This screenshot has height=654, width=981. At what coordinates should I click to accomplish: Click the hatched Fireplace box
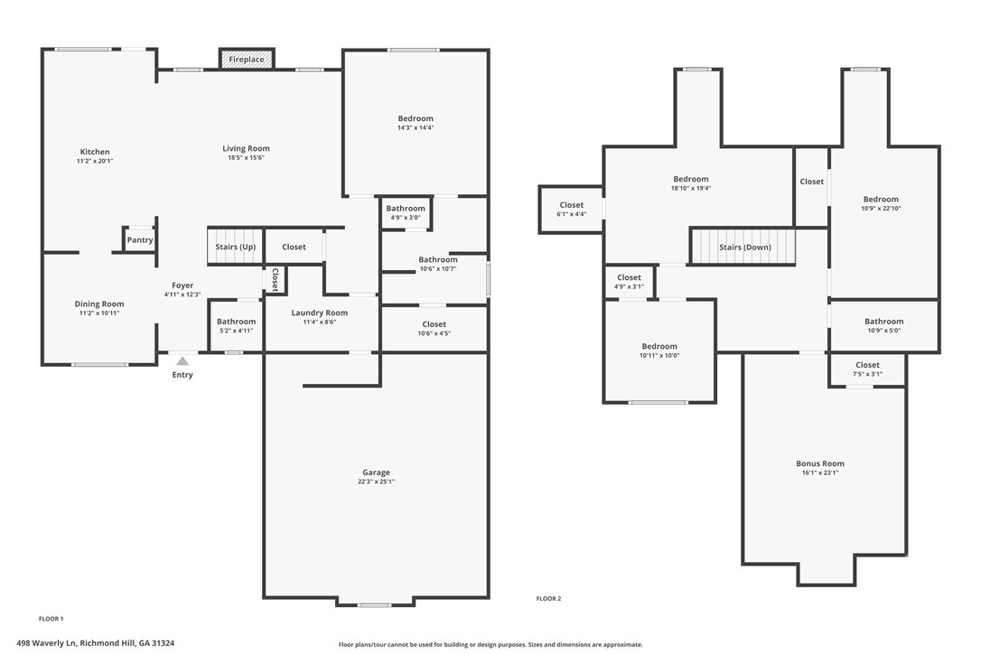pos(247,59)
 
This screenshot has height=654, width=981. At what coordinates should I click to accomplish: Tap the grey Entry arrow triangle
pos(182,361)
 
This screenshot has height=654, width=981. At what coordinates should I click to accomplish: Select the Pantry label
pos(140,239)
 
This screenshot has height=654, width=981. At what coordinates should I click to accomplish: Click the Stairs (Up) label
pos(235,247)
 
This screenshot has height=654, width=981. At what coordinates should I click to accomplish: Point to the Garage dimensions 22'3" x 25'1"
pos(376,481)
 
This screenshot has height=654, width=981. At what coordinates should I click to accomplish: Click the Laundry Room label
pos(319,313)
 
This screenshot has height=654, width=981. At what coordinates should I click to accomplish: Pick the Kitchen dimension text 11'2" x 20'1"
pos(95,161)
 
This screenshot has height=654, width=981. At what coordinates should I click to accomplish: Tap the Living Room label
pos(246,148)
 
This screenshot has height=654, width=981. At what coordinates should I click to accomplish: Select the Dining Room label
pos(98,304)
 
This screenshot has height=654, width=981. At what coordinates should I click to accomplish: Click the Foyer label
pos(182,285)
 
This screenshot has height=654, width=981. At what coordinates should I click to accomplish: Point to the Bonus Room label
pos(819,463)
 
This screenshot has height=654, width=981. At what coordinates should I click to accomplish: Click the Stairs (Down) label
pos(744,248)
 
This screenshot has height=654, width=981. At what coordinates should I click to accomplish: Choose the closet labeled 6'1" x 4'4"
pos(571,209)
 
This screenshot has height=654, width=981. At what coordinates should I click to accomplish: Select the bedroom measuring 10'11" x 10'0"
pos(659,350)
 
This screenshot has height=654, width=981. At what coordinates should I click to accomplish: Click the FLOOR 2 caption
pos(548,599)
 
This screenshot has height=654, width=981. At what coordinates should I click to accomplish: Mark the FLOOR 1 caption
pos(51,619)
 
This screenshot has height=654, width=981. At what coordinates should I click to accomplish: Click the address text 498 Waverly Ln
pos(46,643)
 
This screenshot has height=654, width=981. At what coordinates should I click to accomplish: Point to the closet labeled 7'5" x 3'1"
pos(867,369)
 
